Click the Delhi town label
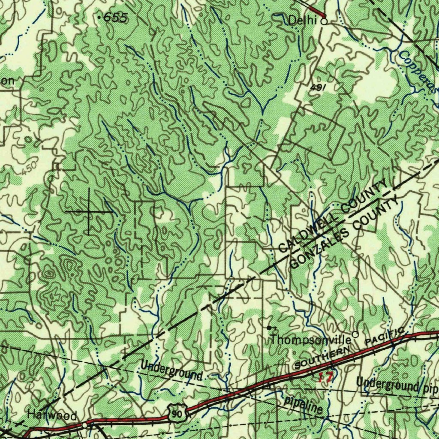point(302,20)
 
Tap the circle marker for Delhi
point(324,20)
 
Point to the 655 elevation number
point(116,18)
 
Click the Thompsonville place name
point(311,340)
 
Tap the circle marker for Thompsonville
point(355,334)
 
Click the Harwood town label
point(52,415)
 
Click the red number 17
point(325,377)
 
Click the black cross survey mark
point(89,211)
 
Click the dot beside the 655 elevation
point(99,18)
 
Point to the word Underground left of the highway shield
point(171,371)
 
